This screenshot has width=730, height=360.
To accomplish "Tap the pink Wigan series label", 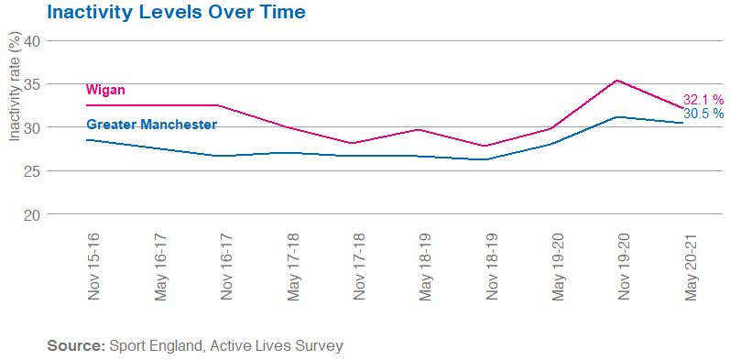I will (105, 90).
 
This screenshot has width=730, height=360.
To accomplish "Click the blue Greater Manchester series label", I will (151, 125).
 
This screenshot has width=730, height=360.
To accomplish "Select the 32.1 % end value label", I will (703, 100).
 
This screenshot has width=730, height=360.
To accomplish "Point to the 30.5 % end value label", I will (703, 114).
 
